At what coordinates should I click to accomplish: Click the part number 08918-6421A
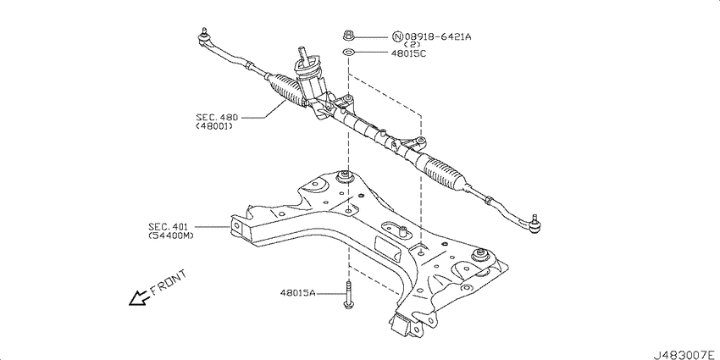pos(438,36)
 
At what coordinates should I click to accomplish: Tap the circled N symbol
pos(398,36)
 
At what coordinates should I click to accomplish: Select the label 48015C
pos(408,53)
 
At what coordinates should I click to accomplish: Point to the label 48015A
pos(298,292)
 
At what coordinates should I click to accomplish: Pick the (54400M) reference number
pos(171,235)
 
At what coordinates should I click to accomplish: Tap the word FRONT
pos(169,282)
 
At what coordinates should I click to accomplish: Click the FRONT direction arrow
pos(139,298)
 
